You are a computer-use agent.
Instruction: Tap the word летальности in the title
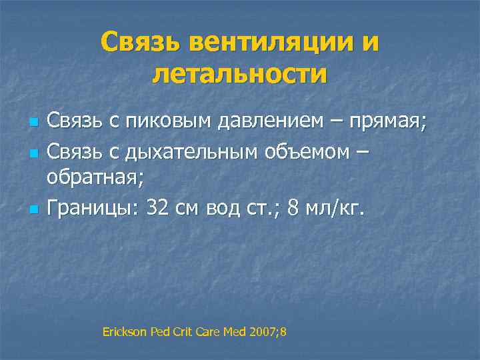tap(240, 73)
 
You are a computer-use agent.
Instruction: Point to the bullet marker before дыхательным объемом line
tap(32, 154)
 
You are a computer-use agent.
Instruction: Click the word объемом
tap(305, 153)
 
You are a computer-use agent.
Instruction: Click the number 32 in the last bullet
tap(158, 209)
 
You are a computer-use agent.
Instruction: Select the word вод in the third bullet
tap(227, 209)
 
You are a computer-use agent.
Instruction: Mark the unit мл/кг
tap(333, 209)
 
